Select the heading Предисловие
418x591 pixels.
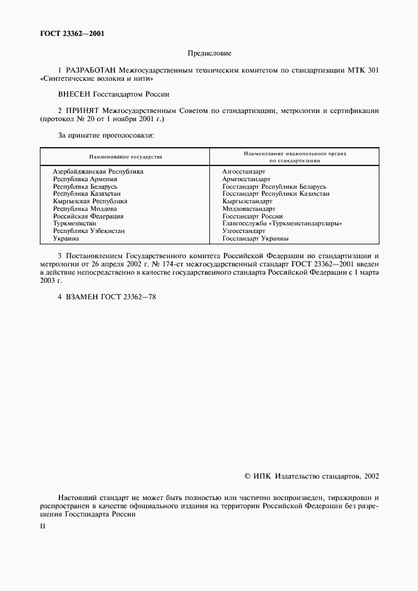(209, 54)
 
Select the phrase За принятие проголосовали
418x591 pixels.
(106, 135)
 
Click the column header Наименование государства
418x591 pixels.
(125, 156)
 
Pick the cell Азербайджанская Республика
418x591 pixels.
(98, 171)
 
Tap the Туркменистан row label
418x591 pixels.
(75, 224)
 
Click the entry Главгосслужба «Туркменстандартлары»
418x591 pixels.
(283, 224)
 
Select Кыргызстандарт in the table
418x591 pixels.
(246, 201)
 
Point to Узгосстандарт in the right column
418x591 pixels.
(244, 231)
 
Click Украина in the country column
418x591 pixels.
(66, 239)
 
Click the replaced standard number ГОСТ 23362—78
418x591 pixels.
(120, 296)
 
